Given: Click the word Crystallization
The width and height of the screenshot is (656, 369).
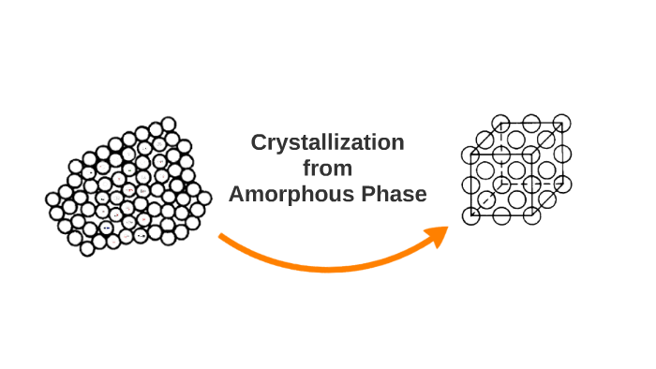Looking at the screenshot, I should click(327, 143).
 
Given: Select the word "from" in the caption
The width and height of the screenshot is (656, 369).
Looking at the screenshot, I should click(327, 169).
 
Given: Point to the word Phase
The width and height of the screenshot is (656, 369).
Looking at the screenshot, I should click(391, 195).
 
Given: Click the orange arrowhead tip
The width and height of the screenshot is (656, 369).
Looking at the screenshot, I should click(447, 228).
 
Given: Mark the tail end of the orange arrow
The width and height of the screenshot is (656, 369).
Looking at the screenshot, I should click(221, 236).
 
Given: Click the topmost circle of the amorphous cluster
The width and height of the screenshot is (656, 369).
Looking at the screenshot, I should click(169, 124).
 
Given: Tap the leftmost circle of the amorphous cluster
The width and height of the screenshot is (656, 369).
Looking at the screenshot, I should click(53, 199).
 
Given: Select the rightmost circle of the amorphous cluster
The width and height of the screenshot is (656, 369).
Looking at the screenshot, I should click(204, 198).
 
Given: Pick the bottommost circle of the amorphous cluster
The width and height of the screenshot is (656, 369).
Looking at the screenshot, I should click(87, 248).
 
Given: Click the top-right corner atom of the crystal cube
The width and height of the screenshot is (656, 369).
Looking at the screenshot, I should click(562, 123).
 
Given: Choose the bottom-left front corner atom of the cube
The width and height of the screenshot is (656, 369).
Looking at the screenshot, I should click(471, 217).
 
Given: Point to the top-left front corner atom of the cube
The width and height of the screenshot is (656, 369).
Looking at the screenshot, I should click(471, 155).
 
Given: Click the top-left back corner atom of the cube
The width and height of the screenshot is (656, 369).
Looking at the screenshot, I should click(500, 123).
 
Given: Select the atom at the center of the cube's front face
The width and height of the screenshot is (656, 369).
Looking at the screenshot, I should click(501, 185).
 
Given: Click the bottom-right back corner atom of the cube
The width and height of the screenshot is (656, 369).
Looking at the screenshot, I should click(562, 184).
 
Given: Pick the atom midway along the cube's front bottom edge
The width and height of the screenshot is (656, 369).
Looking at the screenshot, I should click(501, 217).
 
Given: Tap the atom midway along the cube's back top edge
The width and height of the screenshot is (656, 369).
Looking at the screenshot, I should click(531, 123).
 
